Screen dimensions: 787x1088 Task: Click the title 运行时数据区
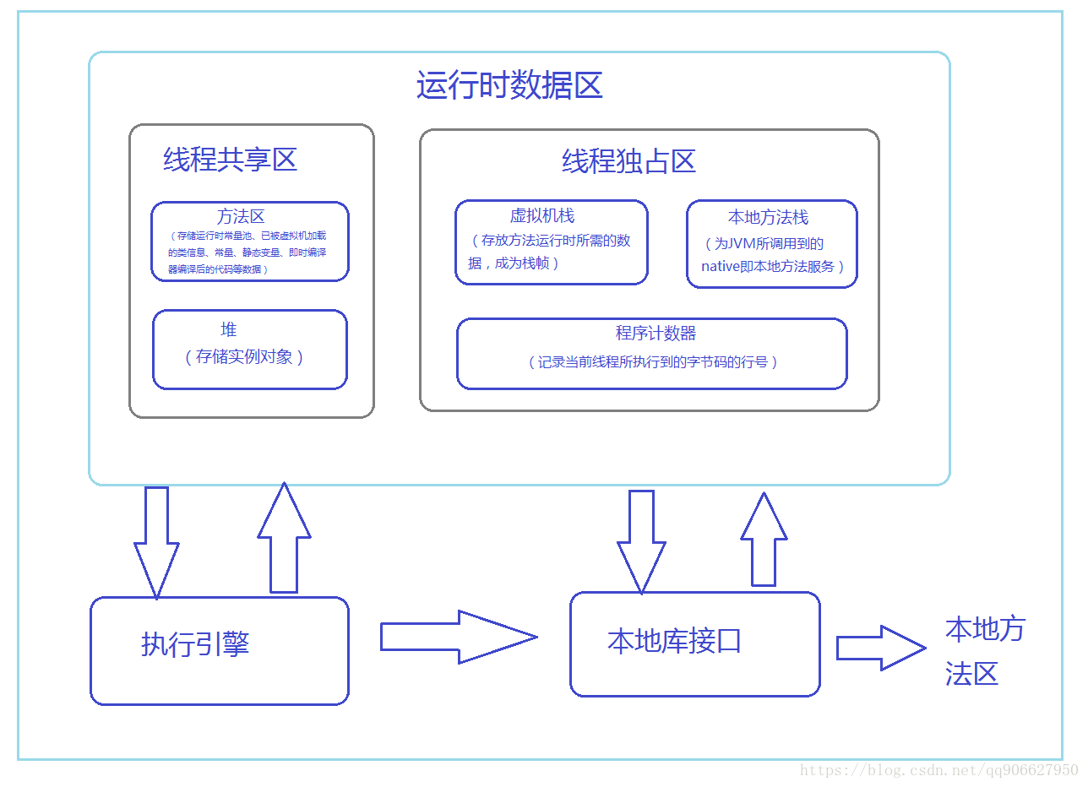[x=509, y=86]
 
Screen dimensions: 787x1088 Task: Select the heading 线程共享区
[x=230, y=160]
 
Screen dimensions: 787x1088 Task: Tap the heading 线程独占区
[x=628, y=161]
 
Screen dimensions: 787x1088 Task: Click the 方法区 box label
[x=241, y=217]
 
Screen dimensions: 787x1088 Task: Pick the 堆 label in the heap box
[x=229, y=329]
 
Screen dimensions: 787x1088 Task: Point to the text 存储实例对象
[x=244, y=356]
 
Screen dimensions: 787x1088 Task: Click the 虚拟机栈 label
[x=542, y=216]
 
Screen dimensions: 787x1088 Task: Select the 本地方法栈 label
[x=768, y=218]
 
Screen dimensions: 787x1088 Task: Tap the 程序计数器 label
[x=656, y=334]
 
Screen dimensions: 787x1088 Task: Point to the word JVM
[x=745, y=244]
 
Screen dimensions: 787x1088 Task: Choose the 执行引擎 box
[x=219, y=649]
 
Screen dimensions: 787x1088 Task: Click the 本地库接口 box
[x=694, y=643]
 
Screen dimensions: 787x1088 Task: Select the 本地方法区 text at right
[x=983, y=651]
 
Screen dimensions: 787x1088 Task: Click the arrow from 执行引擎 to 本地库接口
[x=458, y=637]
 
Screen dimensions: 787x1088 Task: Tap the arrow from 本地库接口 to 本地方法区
[x=880, y=648]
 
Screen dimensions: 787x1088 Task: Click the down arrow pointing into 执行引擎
[x=156, y=540]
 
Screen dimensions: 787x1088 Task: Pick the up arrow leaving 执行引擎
[x=284, y=539]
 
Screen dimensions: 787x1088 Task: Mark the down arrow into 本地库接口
[x=641, y=540]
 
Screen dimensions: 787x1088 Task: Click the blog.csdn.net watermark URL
[x=938, y=770]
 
